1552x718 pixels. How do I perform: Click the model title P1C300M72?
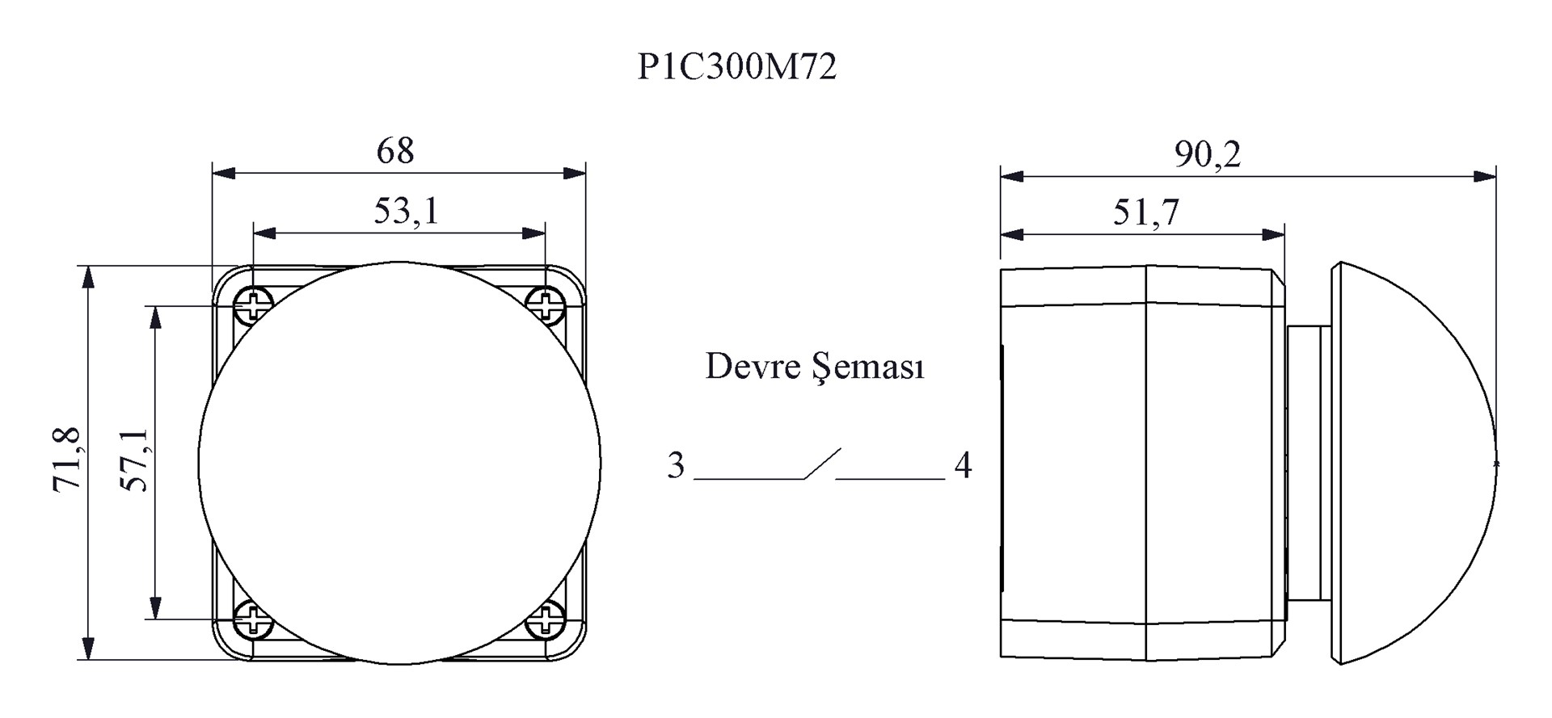[x=737, y=67]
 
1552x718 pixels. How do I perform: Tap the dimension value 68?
[x=395, y=150]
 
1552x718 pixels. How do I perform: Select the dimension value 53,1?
[x=406, y=211]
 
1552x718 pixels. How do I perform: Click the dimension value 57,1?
[x=134, y=460]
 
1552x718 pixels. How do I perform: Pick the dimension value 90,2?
[x=1208, y=153]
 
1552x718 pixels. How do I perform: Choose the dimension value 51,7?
[x=1146, y=212]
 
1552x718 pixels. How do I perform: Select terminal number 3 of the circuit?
[x=676, y=465]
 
